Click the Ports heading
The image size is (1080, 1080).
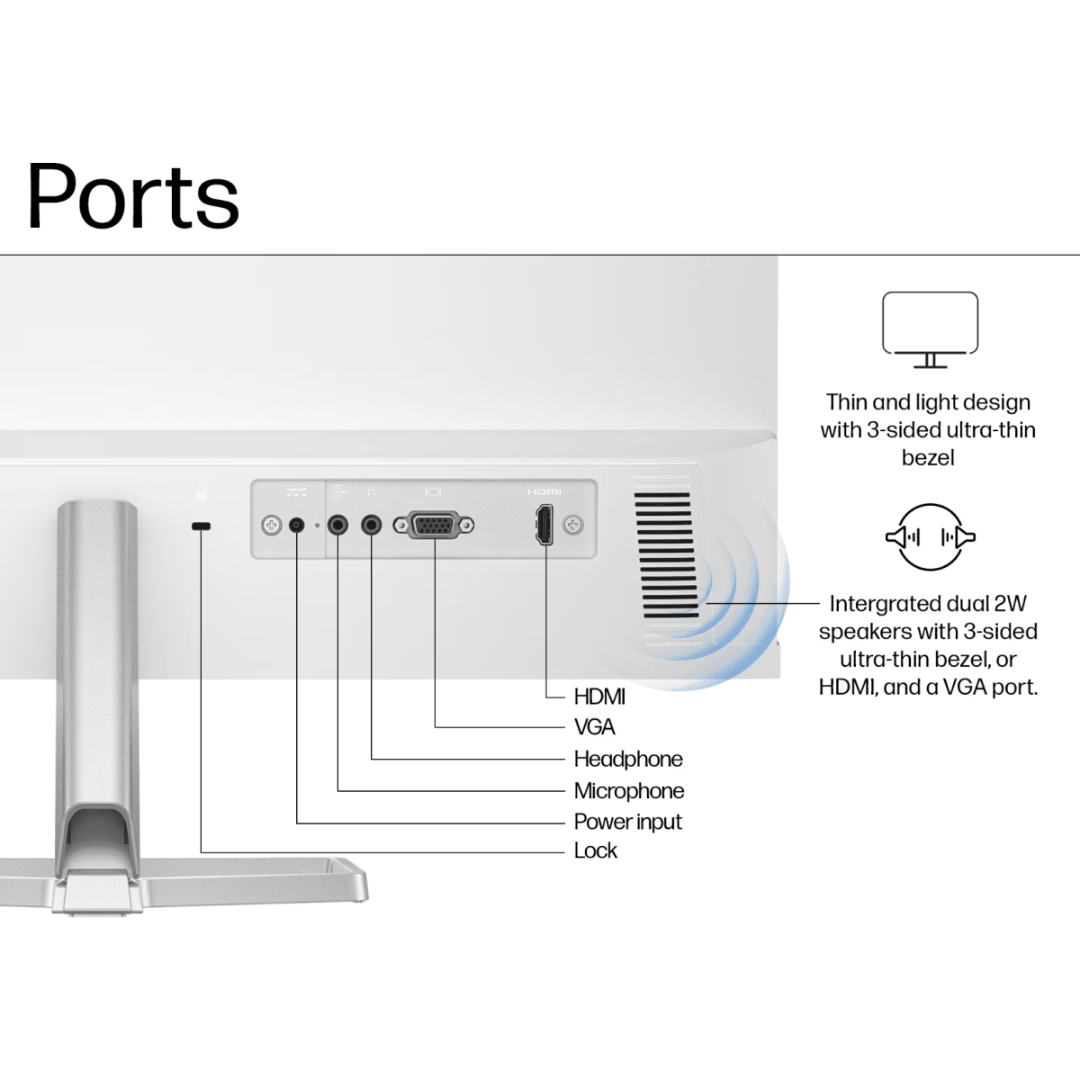tap(133, 196)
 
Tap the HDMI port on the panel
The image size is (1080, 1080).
tap(544, 525)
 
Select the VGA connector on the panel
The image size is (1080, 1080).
tap(434, 525)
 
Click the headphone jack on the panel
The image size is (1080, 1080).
tap(371, 525)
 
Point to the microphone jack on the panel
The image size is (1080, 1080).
tap(337, 525)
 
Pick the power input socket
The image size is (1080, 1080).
tap(296, 525)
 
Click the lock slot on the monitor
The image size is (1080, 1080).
tap(201, 526)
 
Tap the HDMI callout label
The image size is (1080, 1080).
tap(599, 697)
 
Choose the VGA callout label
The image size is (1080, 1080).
tap(594, 727)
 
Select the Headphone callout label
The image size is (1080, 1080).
tap(628, 759)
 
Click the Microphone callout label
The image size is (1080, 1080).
tap(629, 791)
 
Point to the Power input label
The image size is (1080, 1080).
tap(628, 822)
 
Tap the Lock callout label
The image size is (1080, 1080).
tap(596, 850)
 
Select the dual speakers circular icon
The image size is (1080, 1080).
tap(930, 537)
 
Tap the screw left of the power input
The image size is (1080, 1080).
tap(271, 525)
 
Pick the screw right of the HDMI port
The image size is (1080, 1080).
tap(572, 525)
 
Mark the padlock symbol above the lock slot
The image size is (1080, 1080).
tap(202, 493)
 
